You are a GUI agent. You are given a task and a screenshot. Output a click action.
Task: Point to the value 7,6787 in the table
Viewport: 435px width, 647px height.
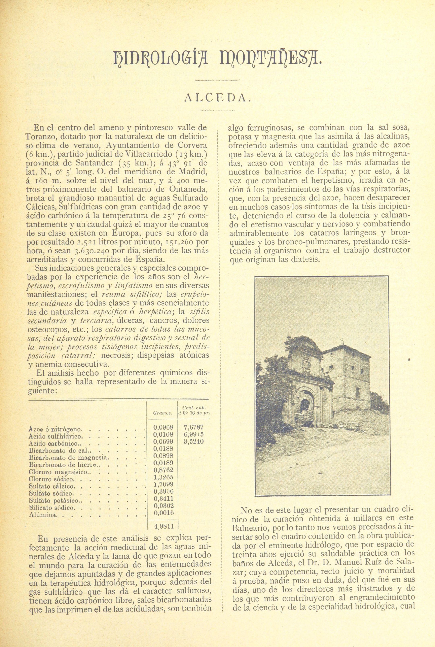tap(194, 427)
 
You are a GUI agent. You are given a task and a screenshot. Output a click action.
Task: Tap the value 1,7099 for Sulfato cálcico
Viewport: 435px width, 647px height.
tap(164, 485)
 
